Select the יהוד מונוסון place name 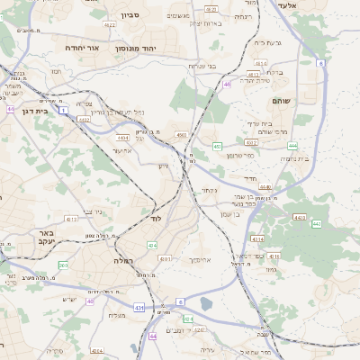pyautogui.click(x=164, y=48)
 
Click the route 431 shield pyautogui.click(x=139, y=308)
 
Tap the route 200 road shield pyautogui.click(x=63, y=265)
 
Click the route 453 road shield pyautogui.click(x=217, y=146)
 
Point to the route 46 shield pyautogui.click(x=228, y=85)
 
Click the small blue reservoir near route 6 pyautogui.click(x=207, y=304)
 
